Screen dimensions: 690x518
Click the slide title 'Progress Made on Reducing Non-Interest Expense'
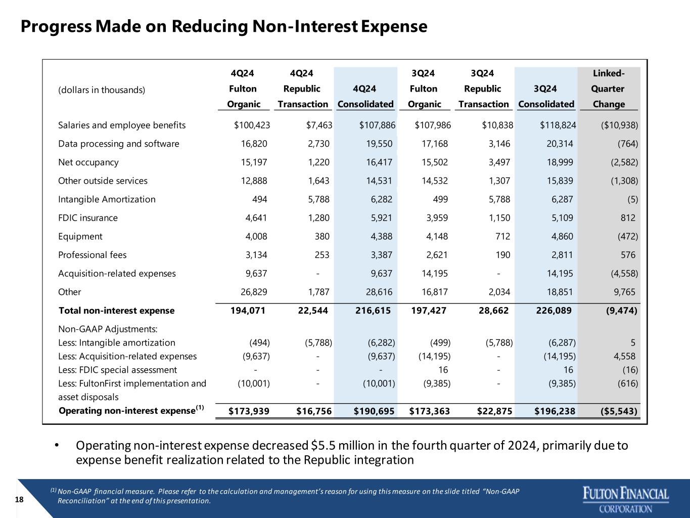click(x=224, y=26)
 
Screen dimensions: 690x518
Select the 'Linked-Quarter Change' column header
click(x=608, y=89)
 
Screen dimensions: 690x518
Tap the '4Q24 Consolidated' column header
click(x=365, y=96)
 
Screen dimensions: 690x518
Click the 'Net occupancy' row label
click(x=88, y=162)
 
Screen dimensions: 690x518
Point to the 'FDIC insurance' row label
click(x=88, y=218)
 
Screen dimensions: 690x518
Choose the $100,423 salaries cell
click(x=252, y=125)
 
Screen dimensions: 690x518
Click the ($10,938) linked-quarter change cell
click(x=619, y=125)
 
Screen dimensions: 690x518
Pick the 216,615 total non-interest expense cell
click(x=373, y=311)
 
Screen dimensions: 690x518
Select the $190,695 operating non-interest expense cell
click(x=374, y=411)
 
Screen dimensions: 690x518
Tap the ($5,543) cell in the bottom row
click(x=619, y=411)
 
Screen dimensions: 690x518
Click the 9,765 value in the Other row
click(x=624, y=292)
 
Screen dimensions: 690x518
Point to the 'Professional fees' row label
click(x=92, y=255)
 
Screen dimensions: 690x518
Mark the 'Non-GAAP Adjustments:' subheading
click(x=108, y=329)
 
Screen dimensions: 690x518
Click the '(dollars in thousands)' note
click(x=102, y=90)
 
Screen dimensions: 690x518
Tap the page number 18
click(x=19, y=499)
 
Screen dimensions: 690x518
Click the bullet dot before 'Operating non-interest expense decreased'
click(x=57, y=445)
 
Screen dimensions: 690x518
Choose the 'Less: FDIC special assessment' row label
click(x=118, y=370)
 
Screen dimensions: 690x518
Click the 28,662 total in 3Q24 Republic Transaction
click(x=493, y=311)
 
